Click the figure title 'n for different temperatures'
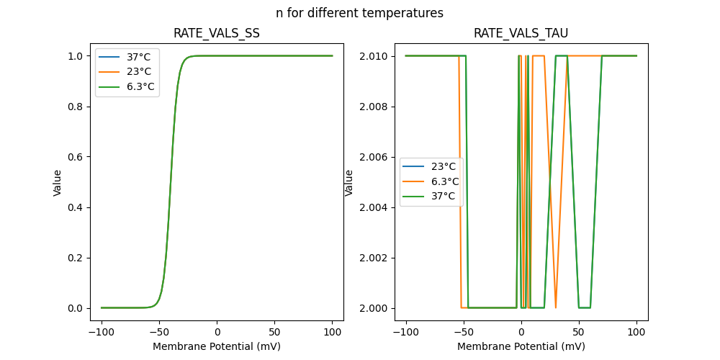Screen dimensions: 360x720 coord(359,13)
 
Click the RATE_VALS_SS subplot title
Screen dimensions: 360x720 coord(217,33)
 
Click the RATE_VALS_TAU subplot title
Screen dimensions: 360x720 coord(521,33)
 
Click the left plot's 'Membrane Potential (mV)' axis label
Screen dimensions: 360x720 coord(217,346)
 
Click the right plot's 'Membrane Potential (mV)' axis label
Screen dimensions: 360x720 coord(521,346)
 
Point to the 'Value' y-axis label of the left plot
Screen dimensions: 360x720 coord(58,182)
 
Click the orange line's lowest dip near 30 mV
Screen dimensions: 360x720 coord(556,307)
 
